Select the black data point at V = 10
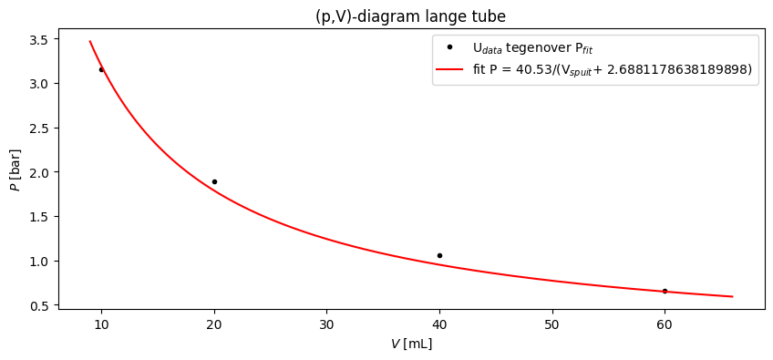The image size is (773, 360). (101, 69)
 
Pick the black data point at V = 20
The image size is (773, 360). (214, 181)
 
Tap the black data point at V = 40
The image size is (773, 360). (439, 255)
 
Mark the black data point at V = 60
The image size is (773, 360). (665, 291)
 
